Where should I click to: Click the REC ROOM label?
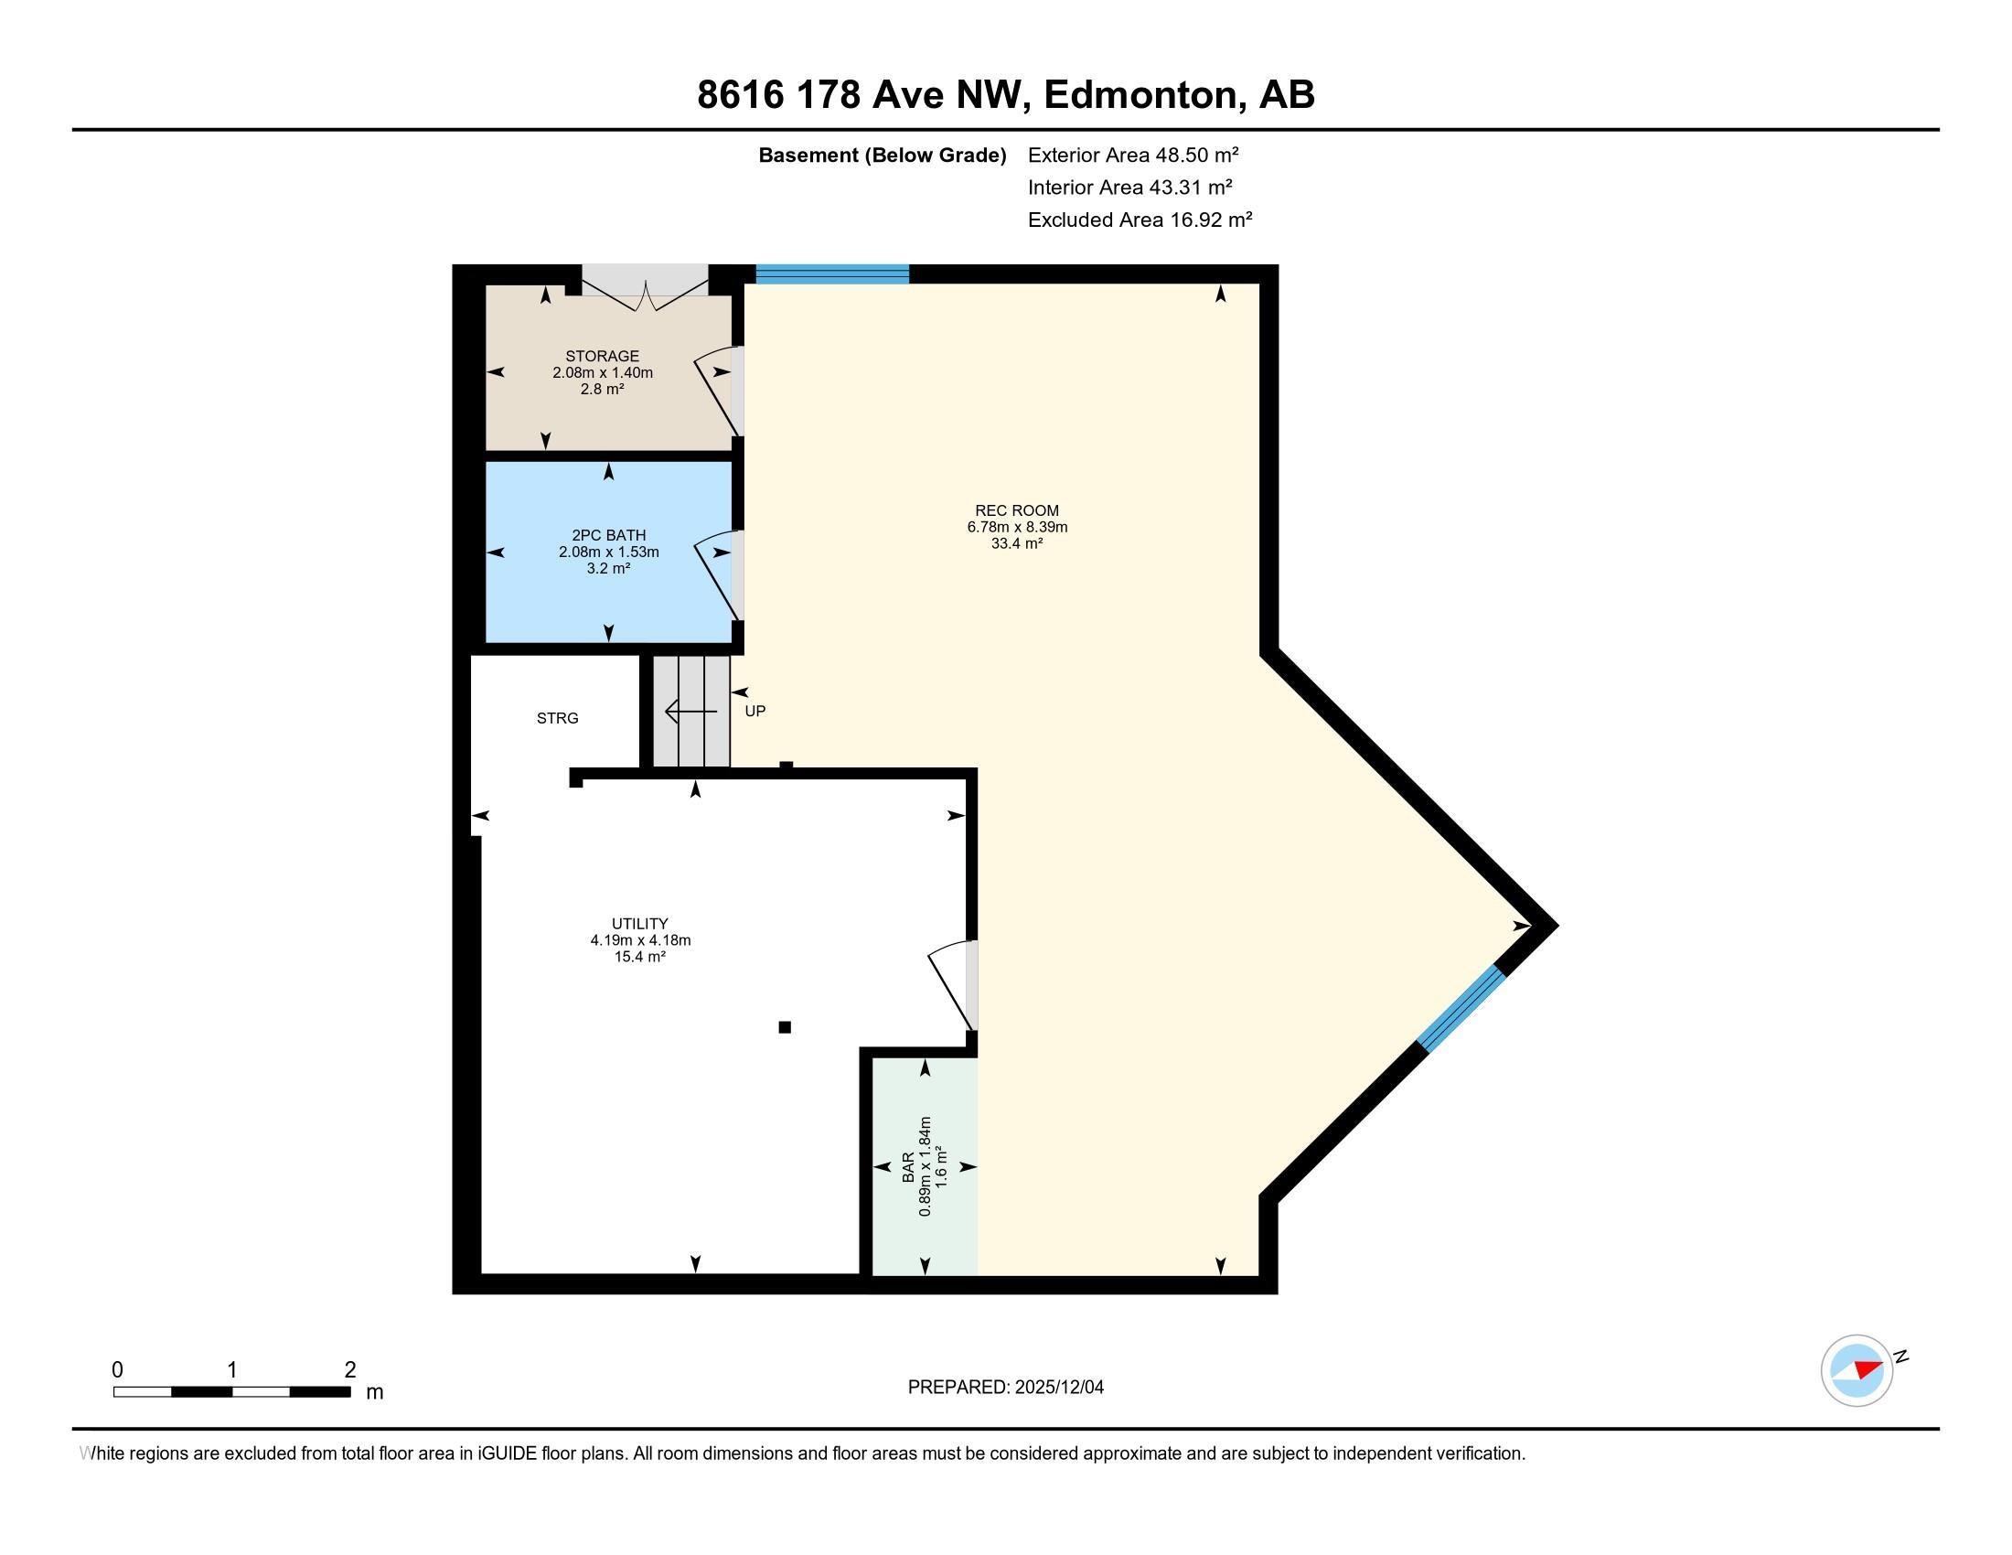(1016, 510)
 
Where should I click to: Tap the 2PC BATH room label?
(608, 535)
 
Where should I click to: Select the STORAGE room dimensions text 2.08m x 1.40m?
(603, 373)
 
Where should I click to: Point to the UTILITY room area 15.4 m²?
(639, 957)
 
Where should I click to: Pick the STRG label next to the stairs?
(557, 719)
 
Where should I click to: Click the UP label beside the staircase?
(754, 711)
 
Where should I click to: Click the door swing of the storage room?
(719, 391)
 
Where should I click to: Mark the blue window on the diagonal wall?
(1461, 1009)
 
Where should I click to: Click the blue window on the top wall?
(832, 273)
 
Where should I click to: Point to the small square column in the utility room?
(785, 1027)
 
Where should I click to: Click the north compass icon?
(1857, 1370)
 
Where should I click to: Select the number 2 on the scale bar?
(350, 1370)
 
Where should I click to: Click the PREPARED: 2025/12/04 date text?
(1005, 1388)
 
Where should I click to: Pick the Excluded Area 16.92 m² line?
(1140, 220)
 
